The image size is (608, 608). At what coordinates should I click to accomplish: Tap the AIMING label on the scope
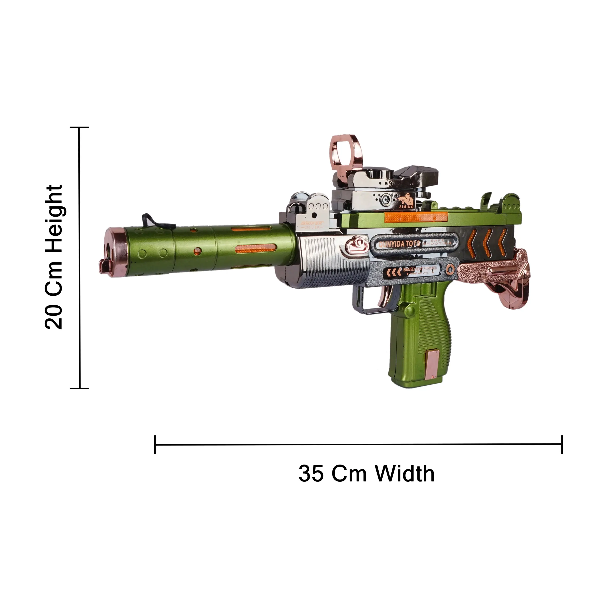(x=406, y=207)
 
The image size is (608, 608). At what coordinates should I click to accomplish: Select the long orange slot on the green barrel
(x=255, y=249)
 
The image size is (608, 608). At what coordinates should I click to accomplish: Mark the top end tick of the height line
(x=80, y=128)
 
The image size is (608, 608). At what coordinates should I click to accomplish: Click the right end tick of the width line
(x=562, y=444)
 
